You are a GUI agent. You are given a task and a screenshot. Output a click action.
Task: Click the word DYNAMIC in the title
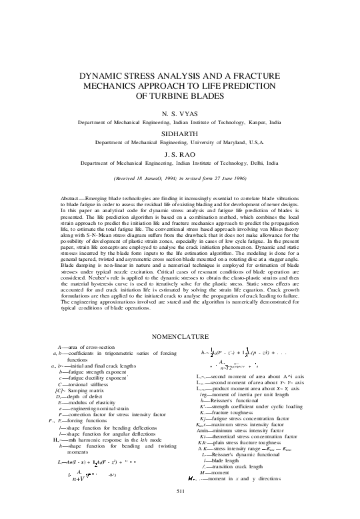click(x=99, y=77)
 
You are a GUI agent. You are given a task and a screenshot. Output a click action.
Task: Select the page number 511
click(x=179, y=510)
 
